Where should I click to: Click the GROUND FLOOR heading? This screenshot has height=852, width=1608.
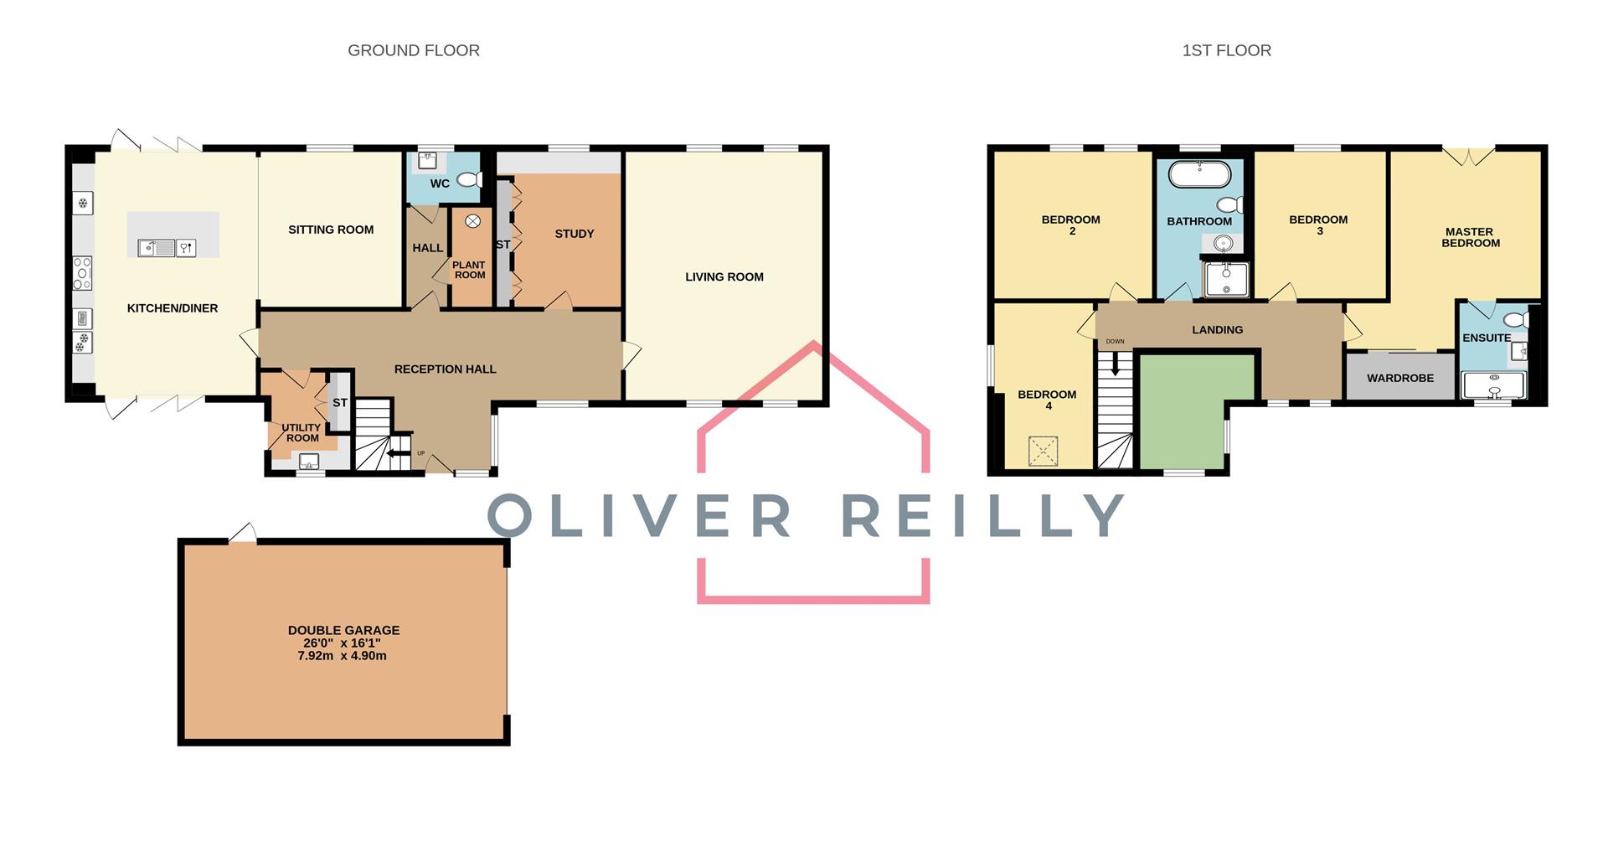(x=414, y=50)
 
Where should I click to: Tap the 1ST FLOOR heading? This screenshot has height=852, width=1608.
(x=1226, y=50)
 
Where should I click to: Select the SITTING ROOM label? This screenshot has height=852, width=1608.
(x=331, y=230)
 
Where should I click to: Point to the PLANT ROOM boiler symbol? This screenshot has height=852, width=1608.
(x=472, y=220)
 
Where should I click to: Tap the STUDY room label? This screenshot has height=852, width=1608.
(x=575, y=234)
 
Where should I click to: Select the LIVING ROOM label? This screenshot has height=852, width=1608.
(x=724, y=277)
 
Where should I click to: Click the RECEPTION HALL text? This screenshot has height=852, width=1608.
(x=445, y=369)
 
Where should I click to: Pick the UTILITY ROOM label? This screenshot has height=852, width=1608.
(x=301, y=432)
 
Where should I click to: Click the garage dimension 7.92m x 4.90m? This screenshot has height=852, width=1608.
(x=343, y=656)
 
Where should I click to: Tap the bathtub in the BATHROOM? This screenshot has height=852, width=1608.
(x=1199, y=175)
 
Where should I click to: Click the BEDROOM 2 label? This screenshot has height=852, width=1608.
(x=1071, y=225)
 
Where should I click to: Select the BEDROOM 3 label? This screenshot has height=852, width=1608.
(x=1318, y=225)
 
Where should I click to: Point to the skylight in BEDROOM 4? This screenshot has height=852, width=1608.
(x=1043, y=452)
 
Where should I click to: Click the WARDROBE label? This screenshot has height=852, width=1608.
(x=1400, y=378)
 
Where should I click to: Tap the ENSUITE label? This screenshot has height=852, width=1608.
(x=1487, y=338)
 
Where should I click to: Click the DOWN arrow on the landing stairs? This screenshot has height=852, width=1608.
(x=1115, y=363)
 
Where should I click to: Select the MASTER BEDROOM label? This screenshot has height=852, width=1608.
(x=1470, y=237)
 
